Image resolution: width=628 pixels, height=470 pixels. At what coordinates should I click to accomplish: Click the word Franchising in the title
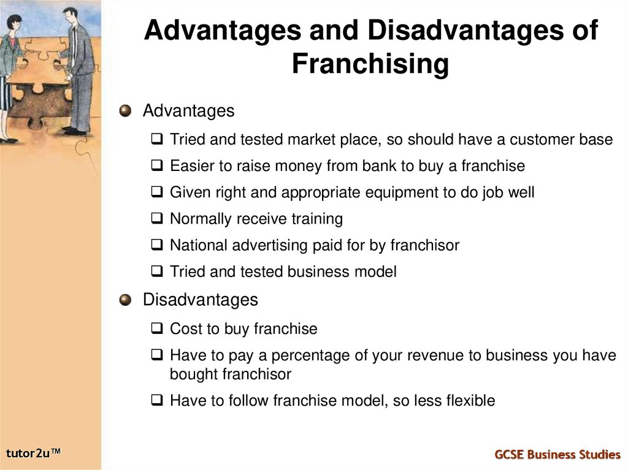[x=370, y=64]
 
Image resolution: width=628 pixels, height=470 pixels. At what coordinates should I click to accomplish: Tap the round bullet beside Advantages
[x=125, y=111]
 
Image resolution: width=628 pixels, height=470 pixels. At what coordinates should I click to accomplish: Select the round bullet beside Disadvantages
[x=125, y=300]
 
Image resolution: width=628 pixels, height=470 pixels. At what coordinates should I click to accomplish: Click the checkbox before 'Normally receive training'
[x=157, y=219]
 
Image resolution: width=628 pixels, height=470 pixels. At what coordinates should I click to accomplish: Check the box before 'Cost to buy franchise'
[x=157, y=329]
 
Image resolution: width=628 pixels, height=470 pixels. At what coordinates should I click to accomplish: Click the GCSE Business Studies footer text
[x=557, y=454]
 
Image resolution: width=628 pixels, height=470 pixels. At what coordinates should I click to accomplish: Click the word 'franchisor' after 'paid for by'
[x=424, y=245]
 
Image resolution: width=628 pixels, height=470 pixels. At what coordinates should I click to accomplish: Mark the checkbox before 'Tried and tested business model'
[x=157, y=271]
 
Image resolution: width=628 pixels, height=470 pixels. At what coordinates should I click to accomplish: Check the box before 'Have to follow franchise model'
[x=157, y=401]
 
